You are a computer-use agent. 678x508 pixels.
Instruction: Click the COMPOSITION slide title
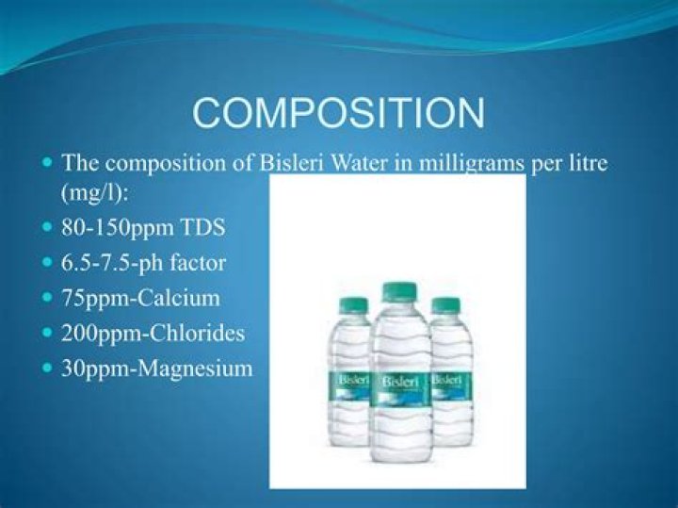pyautogui.click(x=339, y=112)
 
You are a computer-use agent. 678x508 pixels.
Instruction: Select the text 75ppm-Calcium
pyautogui.click(x=140, y=298)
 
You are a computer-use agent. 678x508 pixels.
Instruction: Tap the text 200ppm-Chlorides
pyautogui.click(x=153, y=333)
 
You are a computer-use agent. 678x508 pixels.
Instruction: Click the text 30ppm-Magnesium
pyautogui.click(x=157, y=369)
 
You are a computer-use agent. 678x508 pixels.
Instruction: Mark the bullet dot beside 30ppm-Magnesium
pyautogui.click(x=48, y=369)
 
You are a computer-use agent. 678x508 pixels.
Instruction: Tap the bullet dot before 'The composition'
pyautogui.click(x=48, y=162)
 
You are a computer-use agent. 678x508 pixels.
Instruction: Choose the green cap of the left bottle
pyautogui.click(x=353, y=305)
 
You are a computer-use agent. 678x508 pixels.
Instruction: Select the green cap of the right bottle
pyautogui.click(x=445, y=305)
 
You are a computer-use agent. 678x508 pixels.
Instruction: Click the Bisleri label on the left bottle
pyautogui.click(x=349, y=380)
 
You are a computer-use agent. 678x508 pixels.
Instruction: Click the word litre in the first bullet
pyautogui.click(x=583, y=161)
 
